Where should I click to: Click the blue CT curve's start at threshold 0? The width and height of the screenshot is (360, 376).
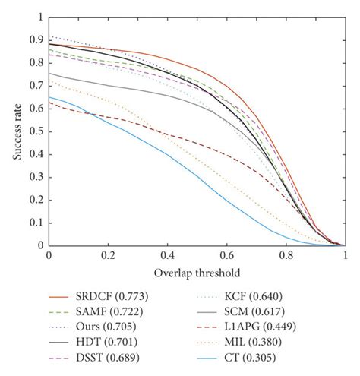(x=49, y=97)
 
